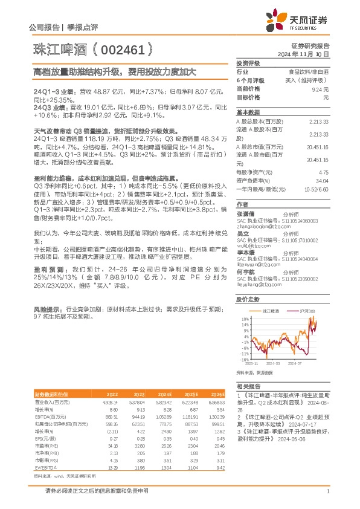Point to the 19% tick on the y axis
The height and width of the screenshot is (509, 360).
(x=243, y=318)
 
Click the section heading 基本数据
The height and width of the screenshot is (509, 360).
(x=248, y=112)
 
